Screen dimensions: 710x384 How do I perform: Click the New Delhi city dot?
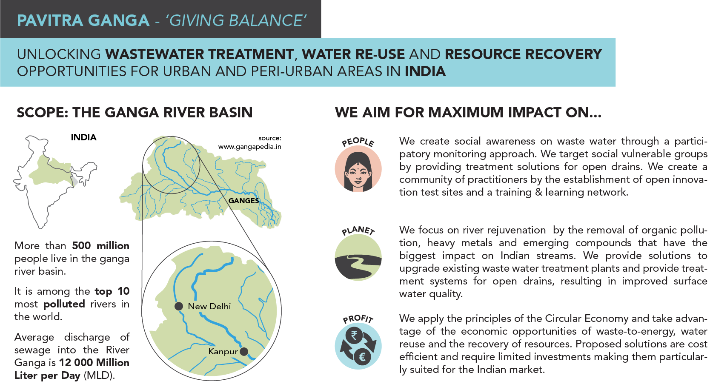[179, 306]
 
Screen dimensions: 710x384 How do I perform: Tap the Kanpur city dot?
[244, 351]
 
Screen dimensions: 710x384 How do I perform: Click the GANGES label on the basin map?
[244, 201]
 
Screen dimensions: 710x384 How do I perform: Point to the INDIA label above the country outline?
[84, 137]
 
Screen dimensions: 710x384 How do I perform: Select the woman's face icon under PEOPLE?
[358, 169]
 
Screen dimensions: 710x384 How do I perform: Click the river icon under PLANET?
[358, 257]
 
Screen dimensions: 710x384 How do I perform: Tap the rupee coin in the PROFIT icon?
[354, 336]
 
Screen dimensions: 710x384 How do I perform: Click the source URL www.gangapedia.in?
[250, 147]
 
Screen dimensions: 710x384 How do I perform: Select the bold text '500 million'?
[101, 246]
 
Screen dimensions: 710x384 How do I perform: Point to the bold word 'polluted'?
[64, 304]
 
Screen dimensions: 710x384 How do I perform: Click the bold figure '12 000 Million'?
[94, 362]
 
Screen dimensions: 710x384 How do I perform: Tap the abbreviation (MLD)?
[99, 375]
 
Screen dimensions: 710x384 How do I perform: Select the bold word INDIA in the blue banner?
[425, 71]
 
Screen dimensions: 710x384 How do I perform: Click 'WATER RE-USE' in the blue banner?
[353, 54]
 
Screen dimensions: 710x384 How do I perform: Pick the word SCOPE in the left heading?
[40, 113]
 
